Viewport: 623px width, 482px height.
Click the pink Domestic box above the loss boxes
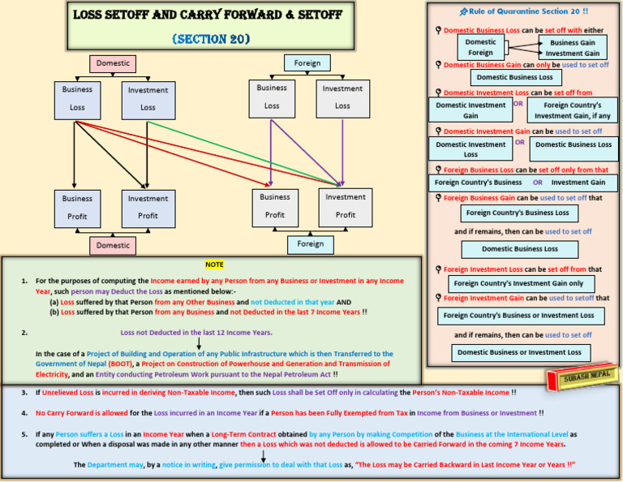(x=113, y=63)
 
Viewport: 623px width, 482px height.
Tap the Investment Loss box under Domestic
(x=148, y=99)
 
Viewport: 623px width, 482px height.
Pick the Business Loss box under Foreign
(x=272, y=97)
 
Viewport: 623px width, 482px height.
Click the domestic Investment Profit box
(x=148, y=207)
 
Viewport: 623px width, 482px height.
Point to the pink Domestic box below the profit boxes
(x=113, y=245)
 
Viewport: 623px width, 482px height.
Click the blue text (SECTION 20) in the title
(x=210, y=39)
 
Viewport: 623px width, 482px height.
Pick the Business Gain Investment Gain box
(x=572, y=48)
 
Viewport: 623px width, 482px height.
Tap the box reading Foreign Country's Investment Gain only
(x=518, y=284)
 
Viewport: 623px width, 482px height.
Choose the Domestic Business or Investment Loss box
(x=519, y=352)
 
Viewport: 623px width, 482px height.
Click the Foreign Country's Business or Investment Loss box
(x=519, y=315)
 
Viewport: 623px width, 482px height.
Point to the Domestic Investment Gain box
(x=470, y=110)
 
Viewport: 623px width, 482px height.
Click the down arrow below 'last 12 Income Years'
(x=199, y=344)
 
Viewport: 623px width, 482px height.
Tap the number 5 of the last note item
(x=24, y=434)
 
